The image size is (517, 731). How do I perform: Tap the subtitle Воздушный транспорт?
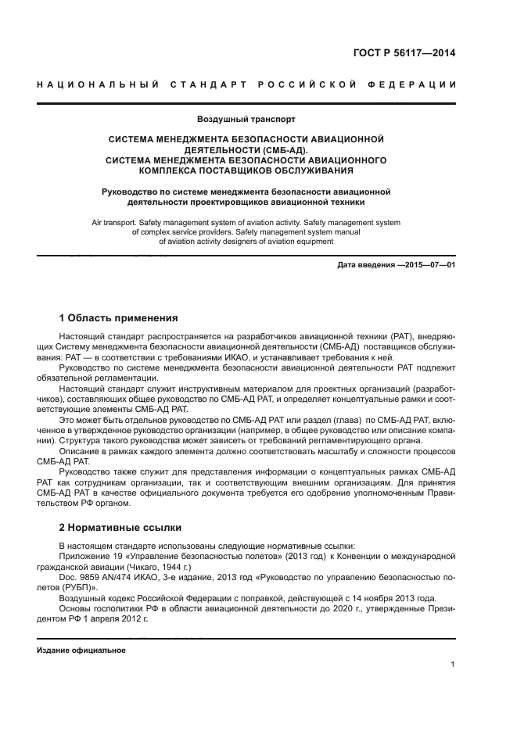246,120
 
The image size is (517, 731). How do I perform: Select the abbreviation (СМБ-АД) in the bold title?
286,149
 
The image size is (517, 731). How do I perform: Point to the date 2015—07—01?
429,264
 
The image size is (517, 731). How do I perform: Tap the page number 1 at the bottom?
453,664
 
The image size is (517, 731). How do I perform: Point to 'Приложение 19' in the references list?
88,555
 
